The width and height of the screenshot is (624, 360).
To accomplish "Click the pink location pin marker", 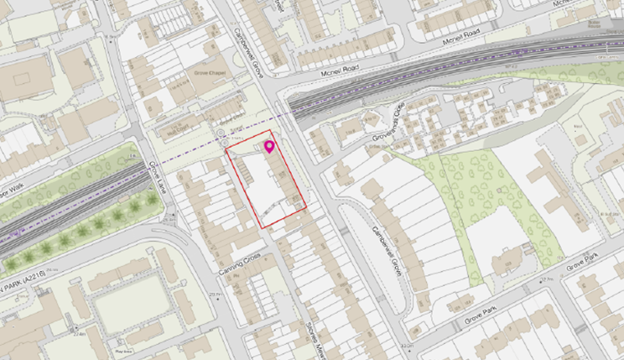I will [x=269, y=148].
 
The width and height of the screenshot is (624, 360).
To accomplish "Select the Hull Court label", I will [x=179, y=130].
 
